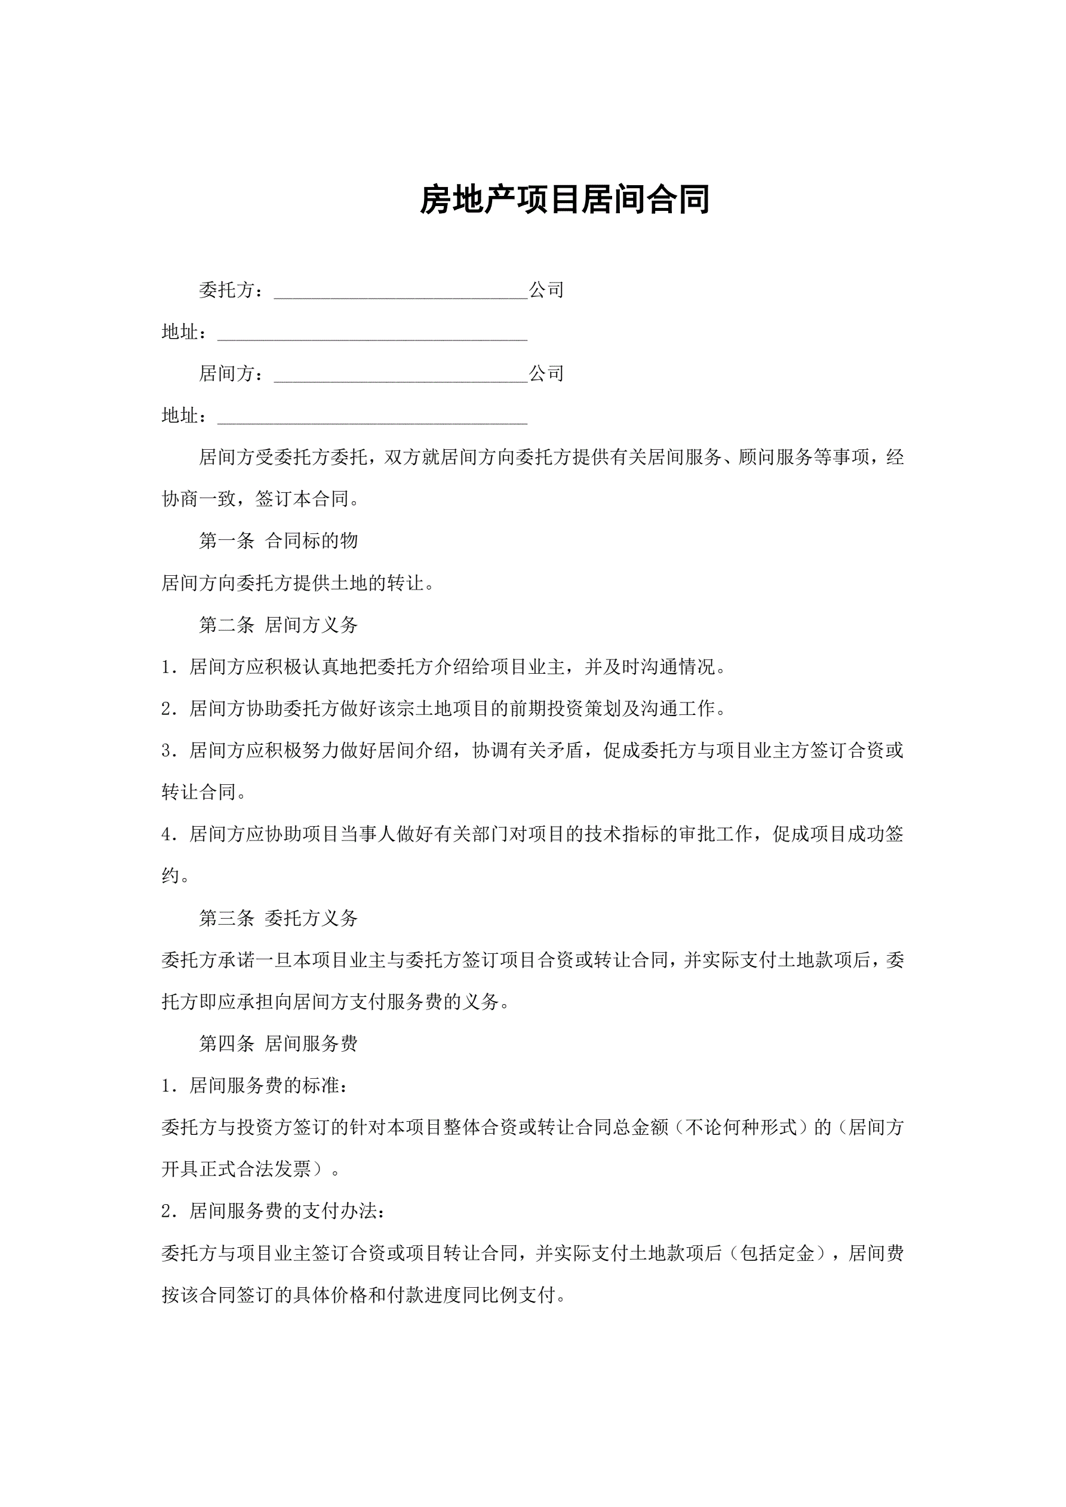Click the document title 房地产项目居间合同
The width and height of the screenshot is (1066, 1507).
point(564,199)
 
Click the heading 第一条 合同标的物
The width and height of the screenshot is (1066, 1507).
point(278,541)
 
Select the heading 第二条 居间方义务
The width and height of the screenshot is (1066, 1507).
point(278,625)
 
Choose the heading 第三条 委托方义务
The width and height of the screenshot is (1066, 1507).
point(278,918)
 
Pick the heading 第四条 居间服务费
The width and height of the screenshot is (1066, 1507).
point(278,1043)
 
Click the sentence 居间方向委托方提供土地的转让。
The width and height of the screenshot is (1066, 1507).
point(297,583)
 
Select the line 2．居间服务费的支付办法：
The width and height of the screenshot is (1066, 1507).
point(273,1211)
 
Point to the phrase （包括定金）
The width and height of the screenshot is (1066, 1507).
point(777,1253)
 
